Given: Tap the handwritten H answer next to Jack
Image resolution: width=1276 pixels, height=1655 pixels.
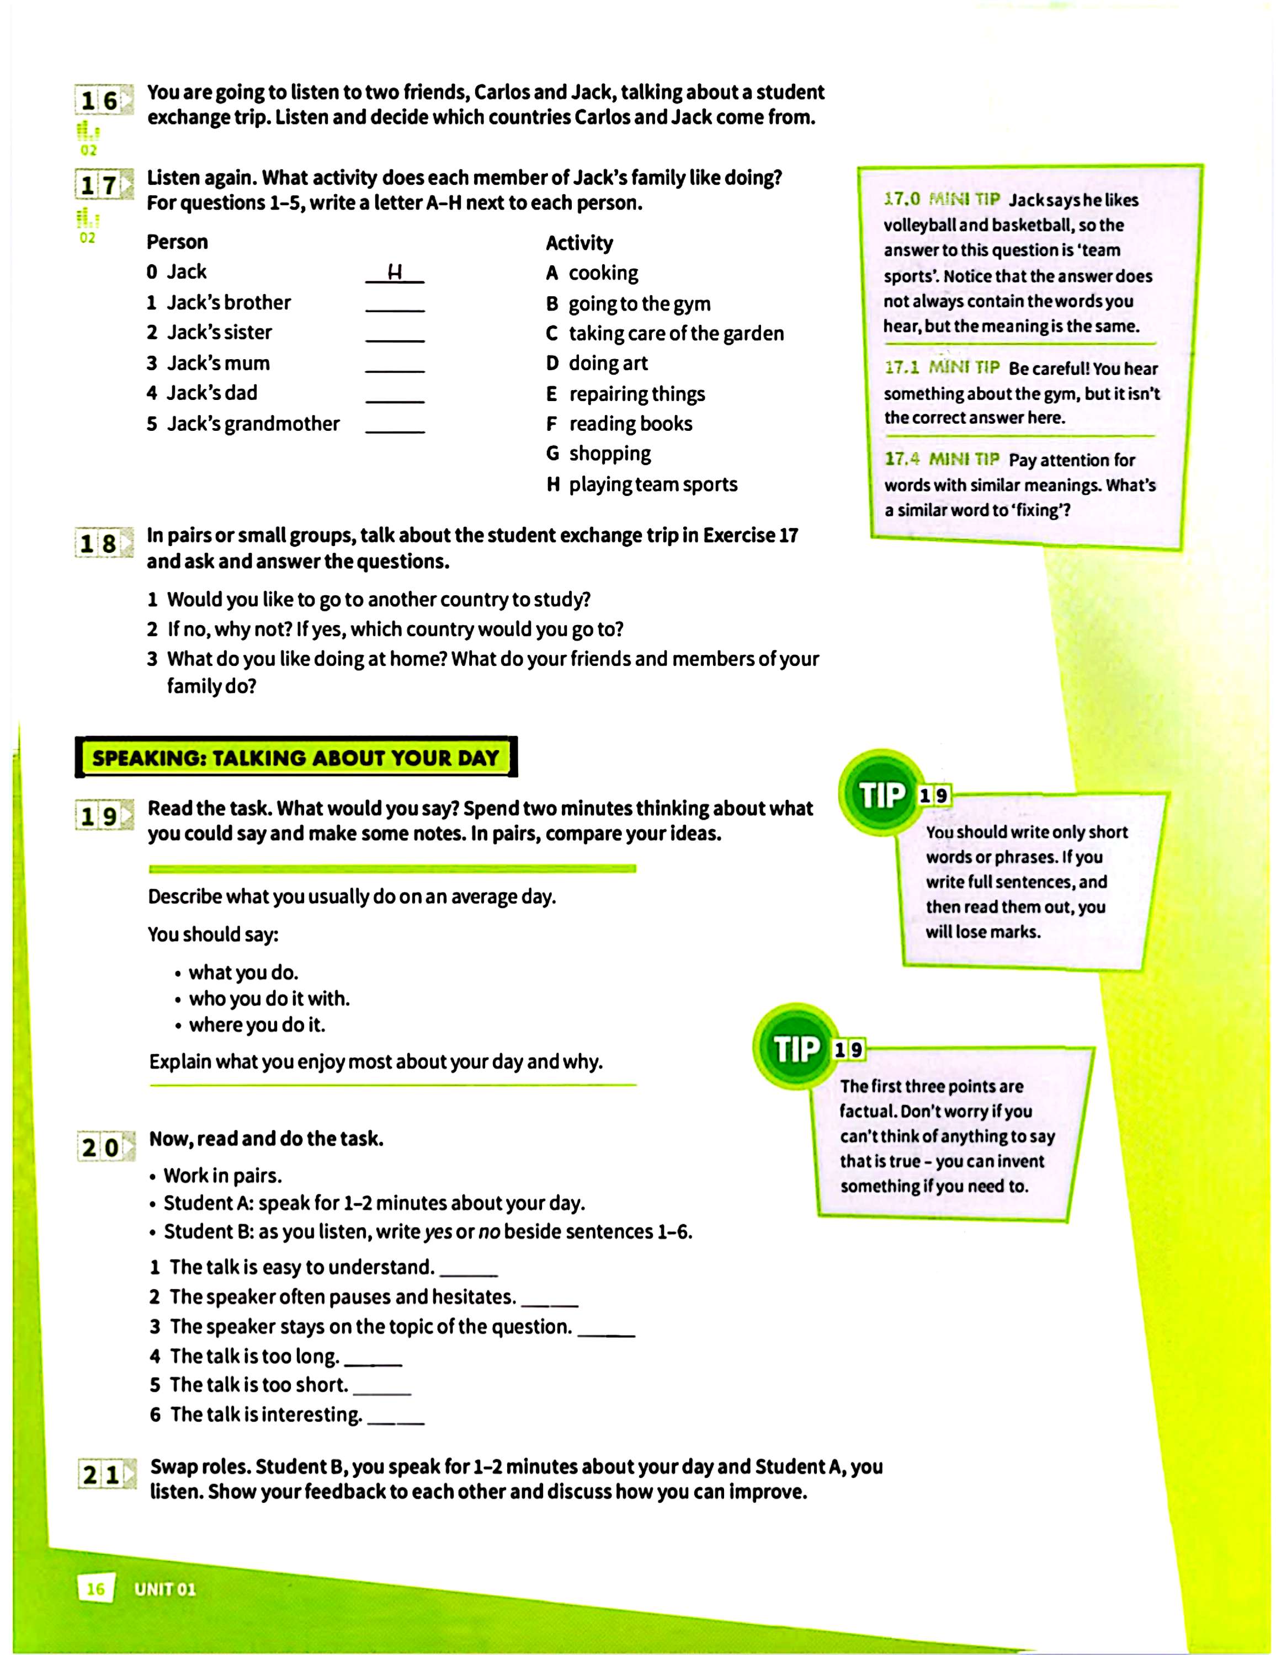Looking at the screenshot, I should click(x=394, y=273).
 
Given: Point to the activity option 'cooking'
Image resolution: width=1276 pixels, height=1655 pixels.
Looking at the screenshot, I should click(x=603, y=273).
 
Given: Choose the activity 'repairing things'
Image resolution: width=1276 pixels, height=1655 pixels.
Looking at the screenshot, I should click(x=636, y=394).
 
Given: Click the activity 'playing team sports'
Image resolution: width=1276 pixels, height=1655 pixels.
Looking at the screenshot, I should click(x=653, y=484).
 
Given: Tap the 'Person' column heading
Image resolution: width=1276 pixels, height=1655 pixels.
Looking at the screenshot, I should click(x=177, y=243).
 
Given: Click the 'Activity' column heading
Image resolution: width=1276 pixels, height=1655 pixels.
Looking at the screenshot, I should click(x=579, y=243).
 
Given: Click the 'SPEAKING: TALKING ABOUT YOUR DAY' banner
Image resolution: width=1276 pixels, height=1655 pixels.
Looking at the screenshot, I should click(x=296, y=758).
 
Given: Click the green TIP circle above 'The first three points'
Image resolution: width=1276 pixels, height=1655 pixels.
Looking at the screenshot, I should click(x=796, y=1049).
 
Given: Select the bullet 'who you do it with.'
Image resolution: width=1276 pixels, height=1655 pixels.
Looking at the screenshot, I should click(x=268, y=999).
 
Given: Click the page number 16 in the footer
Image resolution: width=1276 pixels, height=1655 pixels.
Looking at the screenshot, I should click(x=96, y=1588).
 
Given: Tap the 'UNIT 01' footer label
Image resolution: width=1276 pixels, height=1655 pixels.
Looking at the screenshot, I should click(x=164, y=1589).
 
